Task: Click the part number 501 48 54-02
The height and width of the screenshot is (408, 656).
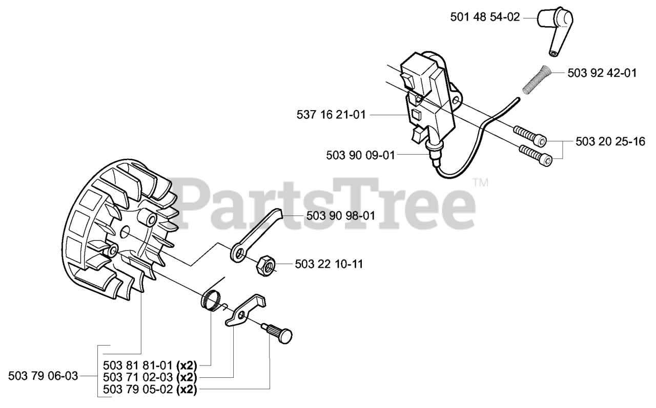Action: coord(485,17)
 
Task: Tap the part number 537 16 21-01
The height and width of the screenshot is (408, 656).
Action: coord(331,115)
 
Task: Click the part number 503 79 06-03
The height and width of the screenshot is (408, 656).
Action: coord(44,377)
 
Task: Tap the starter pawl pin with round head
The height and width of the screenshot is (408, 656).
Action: coord(281,334)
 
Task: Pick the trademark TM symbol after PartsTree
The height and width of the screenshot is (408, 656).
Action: coord(480,182)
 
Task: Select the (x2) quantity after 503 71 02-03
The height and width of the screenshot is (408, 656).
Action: coord(187,377)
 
